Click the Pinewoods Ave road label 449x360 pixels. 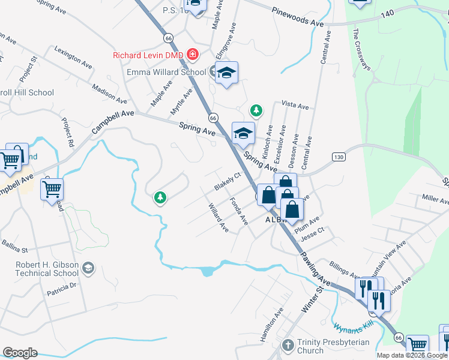[x=297, y=16]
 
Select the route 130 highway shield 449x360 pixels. [x=339, y=157]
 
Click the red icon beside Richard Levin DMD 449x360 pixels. [x=193, y=55]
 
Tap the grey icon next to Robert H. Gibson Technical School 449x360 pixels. [x=89, y=268]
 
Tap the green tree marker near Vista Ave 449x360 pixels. [x=256, y=110]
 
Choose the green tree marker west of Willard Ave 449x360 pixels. [x=160, y=197]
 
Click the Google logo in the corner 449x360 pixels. [x=20, y=353]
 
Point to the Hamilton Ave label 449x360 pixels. [x=271, y=325]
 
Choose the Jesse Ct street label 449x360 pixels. [x=312, y=232]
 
